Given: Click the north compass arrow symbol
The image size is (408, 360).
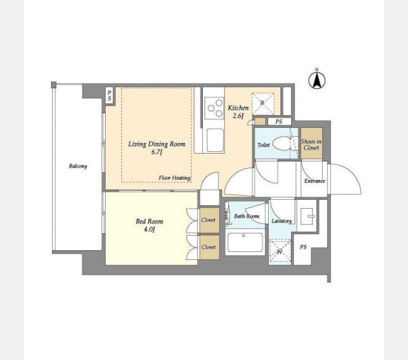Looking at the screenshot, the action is pos(317,80).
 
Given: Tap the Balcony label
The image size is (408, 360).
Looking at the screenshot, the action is pos(78,166).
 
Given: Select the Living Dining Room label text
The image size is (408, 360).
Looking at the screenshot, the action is pos(157,144).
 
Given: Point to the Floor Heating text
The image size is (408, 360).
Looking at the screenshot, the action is pos(175,178).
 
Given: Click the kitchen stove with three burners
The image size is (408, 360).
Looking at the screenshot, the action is pos(214,108).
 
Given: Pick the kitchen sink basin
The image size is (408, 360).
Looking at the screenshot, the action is pos(215,140).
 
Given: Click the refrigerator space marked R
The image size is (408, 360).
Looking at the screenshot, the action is pos(263,104).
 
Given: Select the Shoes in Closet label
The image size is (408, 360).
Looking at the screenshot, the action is pos(311,145).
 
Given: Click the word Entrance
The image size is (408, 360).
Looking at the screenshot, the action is pos(314,181).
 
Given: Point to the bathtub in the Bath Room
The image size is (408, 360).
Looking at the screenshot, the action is pos(245,242).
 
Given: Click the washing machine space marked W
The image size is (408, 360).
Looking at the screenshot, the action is pos(280,250).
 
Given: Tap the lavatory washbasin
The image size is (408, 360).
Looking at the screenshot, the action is pos(307,216).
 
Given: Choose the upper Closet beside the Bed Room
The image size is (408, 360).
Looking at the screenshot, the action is pos(209,220).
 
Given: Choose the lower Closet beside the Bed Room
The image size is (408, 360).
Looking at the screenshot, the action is pos(209,247).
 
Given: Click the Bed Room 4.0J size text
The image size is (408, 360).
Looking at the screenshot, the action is pos(149,230).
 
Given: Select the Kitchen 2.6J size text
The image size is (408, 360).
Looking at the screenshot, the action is pos(238,116).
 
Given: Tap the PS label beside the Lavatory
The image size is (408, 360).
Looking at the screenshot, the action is pos(303,247).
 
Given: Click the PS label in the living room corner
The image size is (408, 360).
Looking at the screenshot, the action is pos(110,95).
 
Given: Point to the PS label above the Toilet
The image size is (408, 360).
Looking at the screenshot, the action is pos(278,121).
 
